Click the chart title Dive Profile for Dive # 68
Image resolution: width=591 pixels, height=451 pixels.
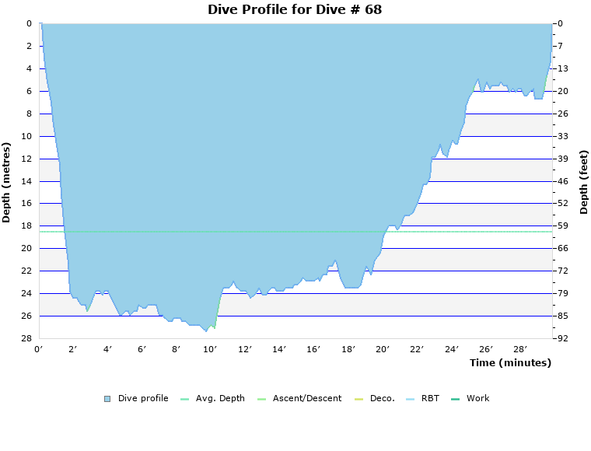point(295,10)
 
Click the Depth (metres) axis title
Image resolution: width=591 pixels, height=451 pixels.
point(7,182)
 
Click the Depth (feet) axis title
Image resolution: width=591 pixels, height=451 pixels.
point(584,182)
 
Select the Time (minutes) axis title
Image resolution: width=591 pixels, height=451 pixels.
point(510,362)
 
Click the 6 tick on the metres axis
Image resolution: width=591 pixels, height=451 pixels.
point(30,91)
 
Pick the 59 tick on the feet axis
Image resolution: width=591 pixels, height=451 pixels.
point(564,226)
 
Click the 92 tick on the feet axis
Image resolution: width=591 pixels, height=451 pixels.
point(564,338)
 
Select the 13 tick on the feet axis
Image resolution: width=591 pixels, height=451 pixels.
point(564,68)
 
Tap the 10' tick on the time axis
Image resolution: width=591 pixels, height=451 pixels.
point(211,350)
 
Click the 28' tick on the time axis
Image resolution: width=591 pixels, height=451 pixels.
point(520,350)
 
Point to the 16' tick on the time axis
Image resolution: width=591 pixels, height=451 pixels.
point(313,350)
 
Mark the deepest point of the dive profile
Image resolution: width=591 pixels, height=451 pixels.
point(206,331)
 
